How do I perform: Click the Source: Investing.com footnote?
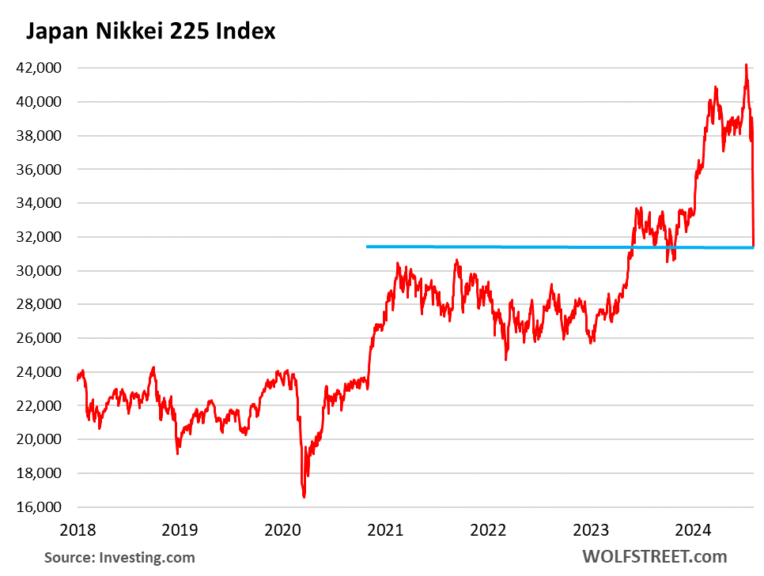click(119, 557)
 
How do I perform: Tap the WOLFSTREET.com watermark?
click(654, 556)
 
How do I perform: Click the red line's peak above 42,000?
click(746, 65)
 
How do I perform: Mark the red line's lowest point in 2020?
click(304, 497)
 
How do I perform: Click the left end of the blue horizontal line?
click(367, 247)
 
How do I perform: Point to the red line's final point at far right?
click(754, 244)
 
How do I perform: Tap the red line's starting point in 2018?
click(77, 380)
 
